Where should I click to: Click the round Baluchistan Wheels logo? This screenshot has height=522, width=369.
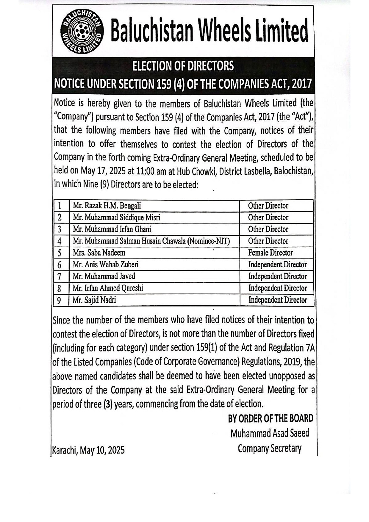(x=82, y=31)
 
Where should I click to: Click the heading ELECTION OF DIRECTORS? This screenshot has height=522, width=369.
(x=183, y=66)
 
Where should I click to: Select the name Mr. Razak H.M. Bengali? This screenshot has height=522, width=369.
(x=107, y=206)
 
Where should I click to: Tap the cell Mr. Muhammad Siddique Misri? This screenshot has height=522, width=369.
(x=116, y=218)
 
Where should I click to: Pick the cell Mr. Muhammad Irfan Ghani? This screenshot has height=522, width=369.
(x=112, y=229)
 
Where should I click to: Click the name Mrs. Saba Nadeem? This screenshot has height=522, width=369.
(x=99, y=253)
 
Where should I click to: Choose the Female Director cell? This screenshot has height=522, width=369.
(x=271, y=253)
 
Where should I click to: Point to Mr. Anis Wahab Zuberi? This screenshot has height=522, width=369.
(x=106, y=265)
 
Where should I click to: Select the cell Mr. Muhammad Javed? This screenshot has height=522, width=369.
(x=104, y=276)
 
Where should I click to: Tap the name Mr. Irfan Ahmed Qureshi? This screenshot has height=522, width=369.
(x=108, y=288)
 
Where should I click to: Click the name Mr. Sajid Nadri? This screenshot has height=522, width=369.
(x=94, y=300)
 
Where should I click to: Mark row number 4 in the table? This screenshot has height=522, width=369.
(x=60, y=241)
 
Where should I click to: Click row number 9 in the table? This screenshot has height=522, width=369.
(x=59, y=300)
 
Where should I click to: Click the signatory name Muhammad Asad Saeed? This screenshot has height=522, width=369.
(x=270, y=433)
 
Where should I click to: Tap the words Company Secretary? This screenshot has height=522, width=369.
(x=270, y=448)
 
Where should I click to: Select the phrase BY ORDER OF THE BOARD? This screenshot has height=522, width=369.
(x=271, y=418)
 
